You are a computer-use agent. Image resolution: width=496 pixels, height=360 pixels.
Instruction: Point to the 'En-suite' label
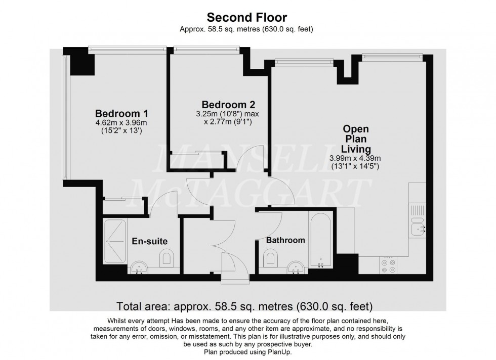point(150,242)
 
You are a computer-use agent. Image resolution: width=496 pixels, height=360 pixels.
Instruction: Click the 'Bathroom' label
point(286,240)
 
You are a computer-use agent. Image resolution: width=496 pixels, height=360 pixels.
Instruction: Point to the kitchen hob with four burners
point(389,265)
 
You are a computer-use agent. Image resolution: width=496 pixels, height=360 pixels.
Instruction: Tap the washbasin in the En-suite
point(138,267)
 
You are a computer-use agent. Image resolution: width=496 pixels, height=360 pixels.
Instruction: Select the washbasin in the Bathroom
point(294,267)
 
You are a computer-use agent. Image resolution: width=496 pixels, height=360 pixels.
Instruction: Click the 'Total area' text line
point(245,306)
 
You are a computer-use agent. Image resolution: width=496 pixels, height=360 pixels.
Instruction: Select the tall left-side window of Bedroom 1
point(64,117)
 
